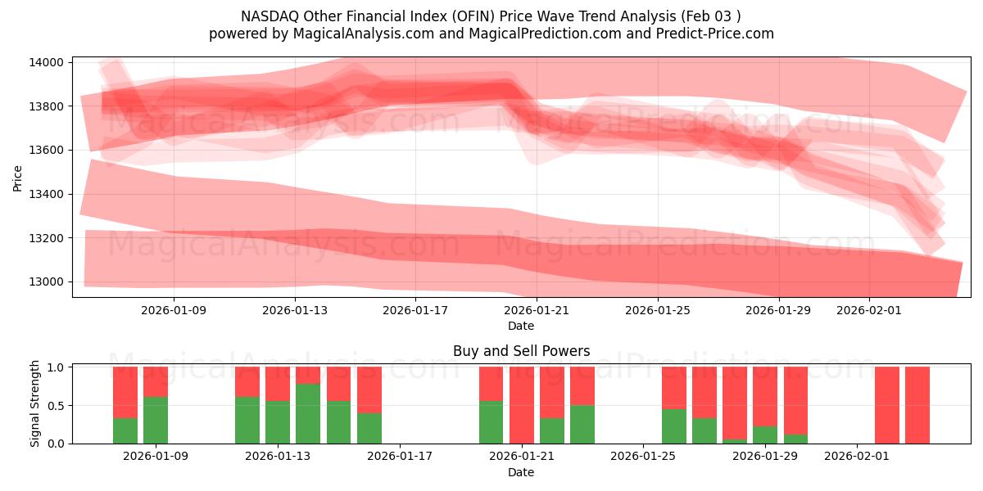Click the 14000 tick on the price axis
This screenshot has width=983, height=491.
tap(48, 62)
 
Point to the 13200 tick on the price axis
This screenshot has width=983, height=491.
tap(48, 238)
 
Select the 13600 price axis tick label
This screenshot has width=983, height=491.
tap(48, 151)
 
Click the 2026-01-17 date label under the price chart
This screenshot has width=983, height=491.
tap(416, 310)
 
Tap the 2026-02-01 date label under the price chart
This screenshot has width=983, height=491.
tap(868, 310)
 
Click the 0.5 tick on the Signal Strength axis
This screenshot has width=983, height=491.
tap(57, 406)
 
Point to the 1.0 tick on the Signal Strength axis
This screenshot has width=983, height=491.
tap(57, 367)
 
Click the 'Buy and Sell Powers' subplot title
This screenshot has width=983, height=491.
tap(521, 351)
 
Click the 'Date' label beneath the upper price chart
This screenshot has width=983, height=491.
tap(521, 326)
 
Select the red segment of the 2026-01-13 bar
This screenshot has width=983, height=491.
tap(278, 383)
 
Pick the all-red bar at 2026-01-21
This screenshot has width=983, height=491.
tap(522, 405)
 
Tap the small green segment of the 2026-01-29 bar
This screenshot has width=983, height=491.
tap(765, 435)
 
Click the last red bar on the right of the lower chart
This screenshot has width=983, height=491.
tap(917, 405)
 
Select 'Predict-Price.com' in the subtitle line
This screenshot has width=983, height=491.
tap(717, 34)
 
